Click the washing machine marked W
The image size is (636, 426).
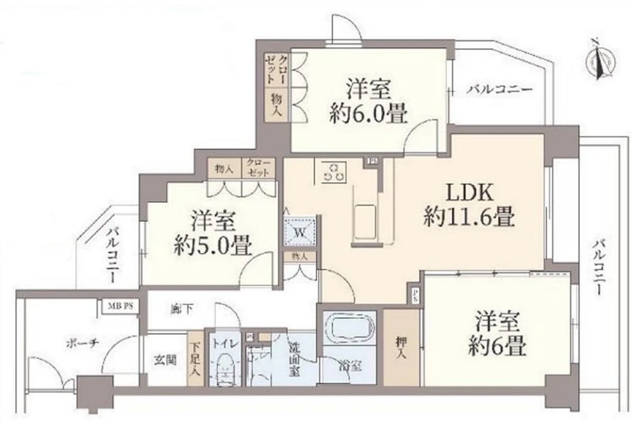299,232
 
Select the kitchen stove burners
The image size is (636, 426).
333,171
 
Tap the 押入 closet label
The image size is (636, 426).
400,346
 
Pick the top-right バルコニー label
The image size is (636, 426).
499,90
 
